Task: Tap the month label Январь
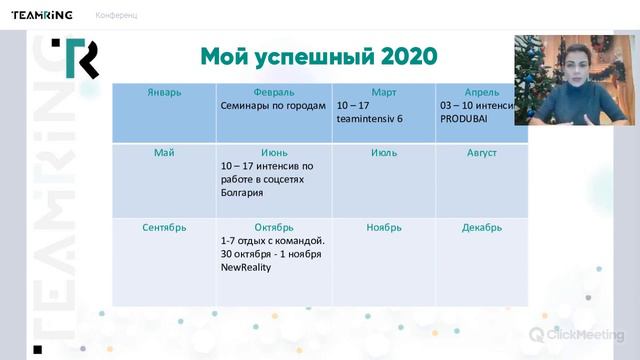point(164,92)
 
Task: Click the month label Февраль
point(273,92)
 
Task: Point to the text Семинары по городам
point(274,105)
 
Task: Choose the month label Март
point(383,92)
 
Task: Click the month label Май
point(164,153)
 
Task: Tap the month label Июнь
point(273,153)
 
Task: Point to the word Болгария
point(243,192)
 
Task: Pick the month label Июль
point(383,153)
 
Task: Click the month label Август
point(480,153)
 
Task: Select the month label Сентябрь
point(164,227)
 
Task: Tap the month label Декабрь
point(481,227)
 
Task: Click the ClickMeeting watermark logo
point(576,334)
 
